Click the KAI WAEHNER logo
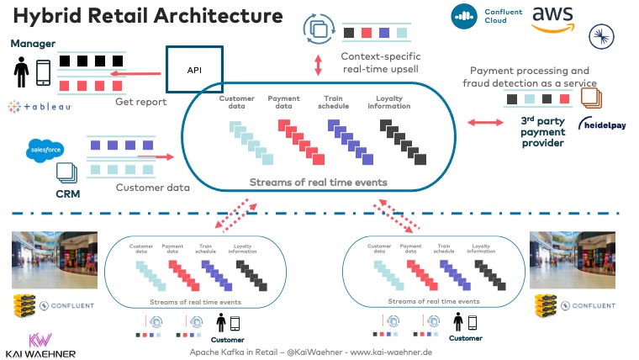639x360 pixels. coord(40,345)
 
